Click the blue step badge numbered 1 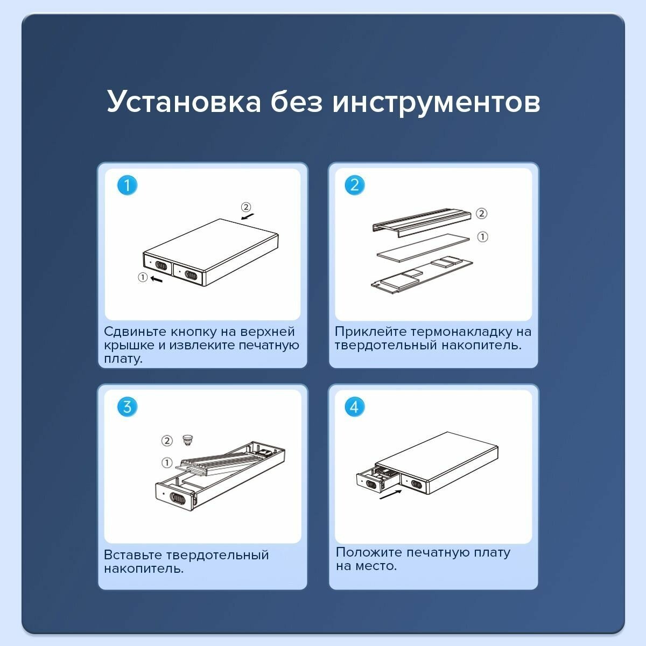[127, 185]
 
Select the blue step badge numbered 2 [355, 185]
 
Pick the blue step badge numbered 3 [127, 406]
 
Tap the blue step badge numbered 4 [355, 406]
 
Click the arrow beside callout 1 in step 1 [156, 279]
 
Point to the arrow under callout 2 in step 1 [248, 216]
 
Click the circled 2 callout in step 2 [481, 213]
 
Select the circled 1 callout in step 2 [482, 237]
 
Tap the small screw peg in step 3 [188, 439]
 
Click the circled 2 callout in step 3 [167, 440]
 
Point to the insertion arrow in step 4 [390, 495]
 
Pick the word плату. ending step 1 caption [123, 359]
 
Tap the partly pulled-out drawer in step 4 [379, 479]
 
